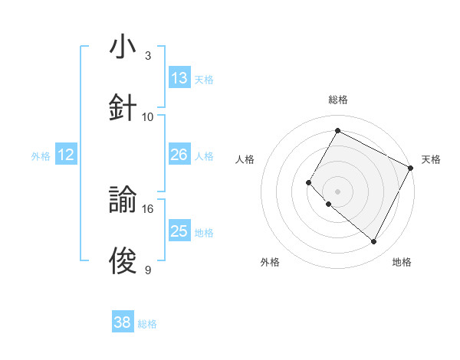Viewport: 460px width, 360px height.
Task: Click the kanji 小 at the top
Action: pos(123,47)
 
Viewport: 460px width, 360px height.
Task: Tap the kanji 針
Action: pos(123,106)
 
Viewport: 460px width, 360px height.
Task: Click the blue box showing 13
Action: pos(179,78)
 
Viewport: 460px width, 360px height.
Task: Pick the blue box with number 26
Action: pos(179,155)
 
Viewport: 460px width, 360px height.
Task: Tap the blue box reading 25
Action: pos(179,231)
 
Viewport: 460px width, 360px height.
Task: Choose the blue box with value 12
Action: pos(66,155)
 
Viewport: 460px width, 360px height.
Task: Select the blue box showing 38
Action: pos(123,323)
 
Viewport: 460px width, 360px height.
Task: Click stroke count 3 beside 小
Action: pos(148,56)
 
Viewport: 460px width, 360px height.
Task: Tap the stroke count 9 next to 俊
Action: pos(148,270)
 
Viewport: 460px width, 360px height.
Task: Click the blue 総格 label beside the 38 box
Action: pos(147,324)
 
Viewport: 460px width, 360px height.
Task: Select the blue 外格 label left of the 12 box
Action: pos(41,156)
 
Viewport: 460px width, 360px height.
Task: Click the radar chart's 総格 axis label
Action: pos(338,100)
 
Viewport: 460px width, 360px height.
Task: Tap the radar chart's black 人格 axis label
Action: pos(245,159)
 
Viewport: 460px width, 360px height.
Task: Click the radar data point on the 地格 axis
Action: pos(374,242)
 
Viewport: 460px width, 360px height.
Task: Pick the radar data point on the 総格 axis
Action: pos(337,130)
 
